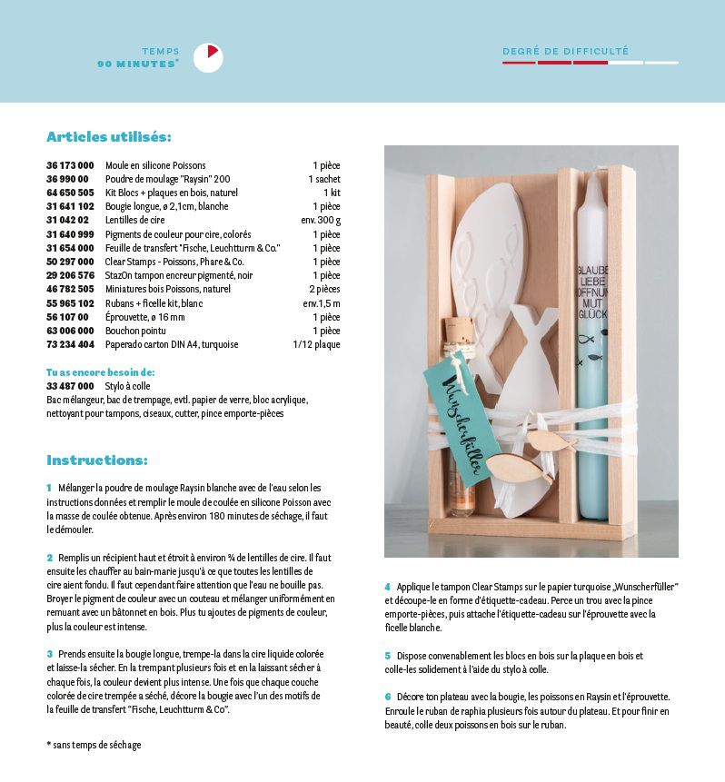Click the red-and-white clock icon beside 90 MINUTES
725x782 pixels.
(208, 57)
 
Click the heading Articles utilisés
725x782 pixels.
(108, 137)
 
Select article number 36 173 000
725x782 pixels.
(70, 165)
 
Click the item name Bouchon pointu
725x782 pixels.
(136, 331)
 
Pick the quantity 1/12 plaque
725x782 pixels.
(316, 344)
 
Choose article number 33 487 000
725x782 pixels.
(70, 386)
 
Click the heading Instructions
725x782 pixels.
(96, 460)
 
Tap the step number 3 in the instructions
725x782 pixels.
(49, 654)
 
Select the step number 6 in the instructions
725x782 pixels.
(387, 697)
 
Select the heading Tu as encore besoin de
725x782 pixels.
(100, 372)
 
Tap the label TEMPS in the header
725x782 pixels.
(161, 52)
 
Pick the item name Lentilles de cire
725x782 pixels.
(134, 220)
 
